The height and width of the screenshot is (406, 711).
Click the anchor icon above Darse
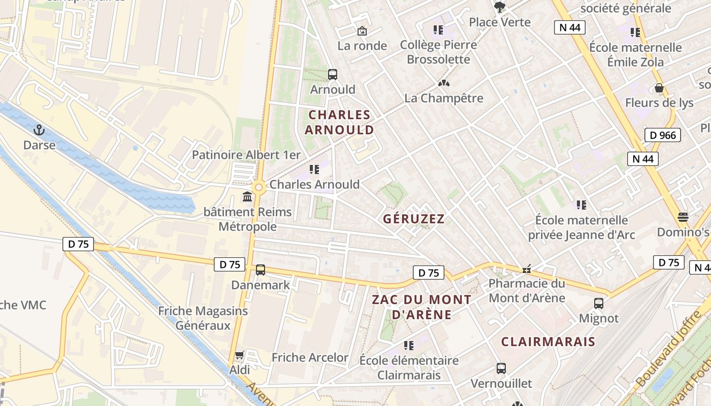[x=39, y=130]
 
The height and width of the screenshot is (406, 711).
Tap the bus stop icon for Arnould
[x=333, y=75]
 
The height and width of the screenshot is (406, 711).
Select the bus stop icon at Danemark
[x=261, y=270]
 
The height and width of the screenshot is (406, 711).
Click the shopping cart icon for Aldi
[x=240, y=355]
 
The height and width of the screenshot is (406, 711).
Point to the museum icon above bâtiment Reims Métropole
[x=247, y=196]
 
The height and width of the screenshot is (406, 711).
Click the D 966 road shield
[x=662, y=135]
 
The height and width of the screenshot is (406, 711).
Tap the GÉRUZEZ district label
[x=414, y=219]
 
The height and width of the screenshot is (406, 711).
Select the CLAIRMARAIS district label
[x=548, y=342]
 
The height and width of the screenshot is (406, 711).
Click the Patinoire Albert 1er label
[x=246, y=155]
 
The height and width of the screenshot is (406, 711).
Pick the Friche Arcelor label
[x=310, y=357]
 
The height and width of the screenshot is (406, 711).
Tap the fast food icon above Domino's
[x=683, y=217]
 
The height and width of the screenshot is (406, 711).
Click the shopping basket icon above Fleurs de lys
[x=659, y=88]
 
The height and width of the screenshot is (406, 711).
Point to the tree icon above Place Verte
[x=500, y=7]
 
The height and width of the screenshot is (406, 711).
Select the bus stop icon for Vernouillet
[x=501, y=368]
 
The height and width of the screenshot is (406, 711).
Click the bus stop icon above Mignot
[x=599, y=303]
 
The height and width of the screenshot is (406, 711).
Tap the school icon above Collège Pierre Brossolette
[x=438, y=30]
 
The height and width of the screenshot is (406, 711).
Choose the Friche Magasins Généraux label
[x=203, y=318]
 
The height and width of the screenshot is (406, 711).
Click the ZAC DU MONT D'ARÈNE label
[x=422, y=307]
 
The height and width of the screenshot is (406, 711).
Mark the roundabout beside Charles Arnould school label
[x=259, y=187]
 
